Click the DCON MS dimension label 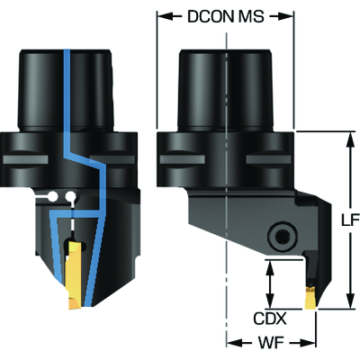pos(226,16)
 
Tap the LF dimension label pos(351,220)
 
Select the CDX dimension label pos(270,319)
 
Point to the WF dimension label pos(272,341)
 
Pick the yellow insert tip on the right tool pos(310,298)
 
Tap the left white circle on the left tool pos(53,196)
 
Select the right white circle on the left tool pos(71,196)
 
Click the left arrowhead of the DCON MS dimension pos(165,16)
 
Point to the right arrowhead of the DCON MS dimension pos(285,16)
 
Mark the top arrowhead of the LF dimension pos(349,139)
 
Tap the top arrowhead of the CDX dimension pos(270,268)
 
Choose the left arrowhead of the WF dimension pos(235,341)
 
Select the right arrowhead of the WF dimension pos(308,341)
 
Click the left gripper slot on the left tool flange pos(25,159)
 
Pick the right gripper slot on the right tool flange pos(268,159)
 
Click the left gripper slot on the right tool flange pos(182,159)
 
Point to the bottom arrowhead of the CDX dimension pos(270,301)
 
